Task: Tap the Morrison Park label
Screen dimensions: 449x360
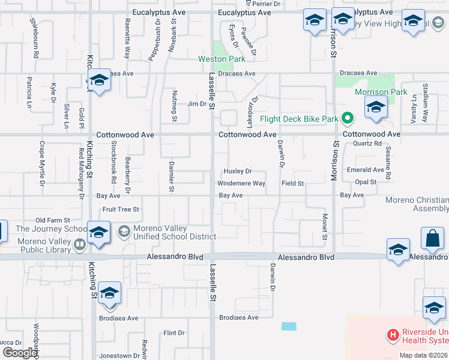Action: coord(381,92)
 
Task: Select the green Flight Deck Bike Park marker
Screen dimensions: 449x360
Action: coord(346,118)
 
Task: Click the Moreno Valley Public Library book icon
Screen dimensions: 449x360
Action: coord(79,244)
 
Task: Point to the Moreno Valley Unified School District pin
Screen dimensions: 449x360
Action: coord(124,232)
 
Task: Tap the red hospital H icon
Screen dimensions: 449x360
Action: coord(393,334)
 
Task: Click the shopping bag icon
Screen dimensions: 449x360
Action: coord(432,239)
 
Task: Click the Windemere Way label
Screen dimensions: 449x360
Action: coord(241,183)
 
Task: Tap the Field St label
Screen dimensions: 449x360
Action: coord(293,183)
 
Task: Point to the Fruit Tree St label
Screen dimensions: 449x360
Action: coord(121,209)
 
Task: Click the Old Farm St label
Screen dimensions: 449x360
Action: coord(53,221)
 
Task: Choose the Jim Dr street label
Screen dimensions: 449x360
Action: coord(196,104)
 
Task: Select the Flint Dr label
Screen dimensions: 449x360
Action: coord(174,332)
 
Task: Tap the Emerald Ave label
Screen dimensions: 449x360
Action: coord(365,170)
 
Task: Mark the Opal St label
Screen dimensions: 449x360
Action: coord(365,182)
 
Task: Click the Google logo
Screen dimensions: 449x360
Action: coord(20,353)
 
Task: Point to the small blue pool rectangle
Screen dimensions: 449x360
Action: coord(289,326)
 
